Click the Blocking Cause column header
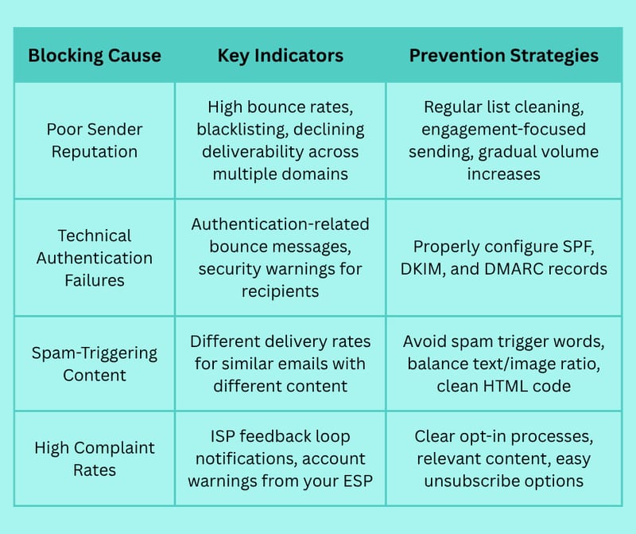point(95,56)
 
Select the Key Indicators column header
point(281,56)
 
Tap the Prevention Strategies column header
point(504,56)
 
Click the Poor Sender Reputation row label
point(95,141)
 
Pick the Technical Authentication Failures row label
point(95,258)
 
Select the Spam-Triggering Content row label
point(95,364)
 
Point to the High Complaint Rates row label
point(95,459)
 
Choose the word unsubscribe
point(471,481)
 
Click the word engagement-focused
point(504,130)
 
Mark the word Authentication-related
point(281,224)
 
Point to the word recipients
point(281,291)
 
